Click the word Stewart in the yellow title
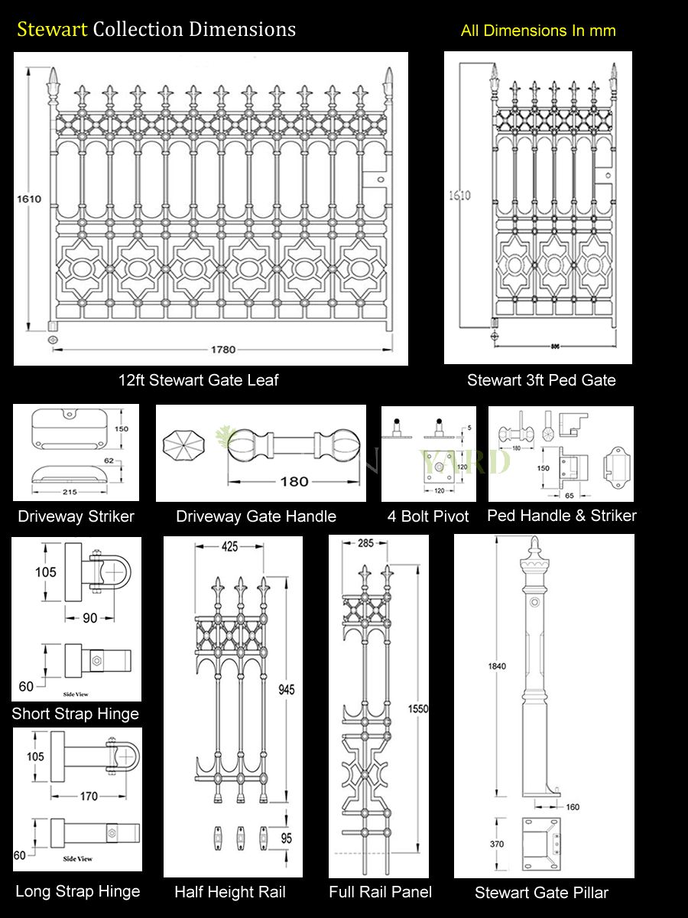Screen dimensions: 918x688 (x=52, y=29)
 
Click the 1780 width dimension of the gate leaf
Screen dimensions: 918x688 (x=222, y=350)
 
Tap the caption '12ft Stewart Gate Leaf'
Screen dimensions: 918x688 (x=198, y=380)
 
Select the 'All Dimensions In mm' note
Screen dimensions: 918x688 (x=537, y=31)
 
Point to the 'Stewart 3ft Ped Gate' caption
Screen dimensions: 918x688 (x=541, y=380)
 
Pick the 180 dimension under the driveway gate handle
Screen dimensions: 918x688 (x=294, y=481)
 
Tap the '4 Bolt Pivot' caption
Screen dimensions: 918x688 (x=430, y=516)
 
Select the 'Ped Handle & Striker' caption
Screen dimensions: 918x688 (x=561, y=516)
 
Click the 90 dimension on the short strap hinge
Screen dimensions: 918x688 (x=89, y=617)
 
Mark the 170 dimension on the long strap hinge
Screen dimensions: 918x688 (x=89, y=796)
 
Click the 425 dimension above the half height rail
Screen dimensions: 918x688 (x=229, y=546)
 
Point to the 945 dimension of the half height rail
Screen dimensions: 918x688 (x=286, y=689)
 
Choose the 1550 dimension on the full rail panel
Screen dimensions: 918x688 (x=418, y=708)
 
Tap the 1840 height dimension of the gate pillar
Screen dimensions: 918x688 (x=496, y=666)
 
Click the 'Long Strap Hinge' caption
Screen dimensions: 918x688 (x=77, y=891)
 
